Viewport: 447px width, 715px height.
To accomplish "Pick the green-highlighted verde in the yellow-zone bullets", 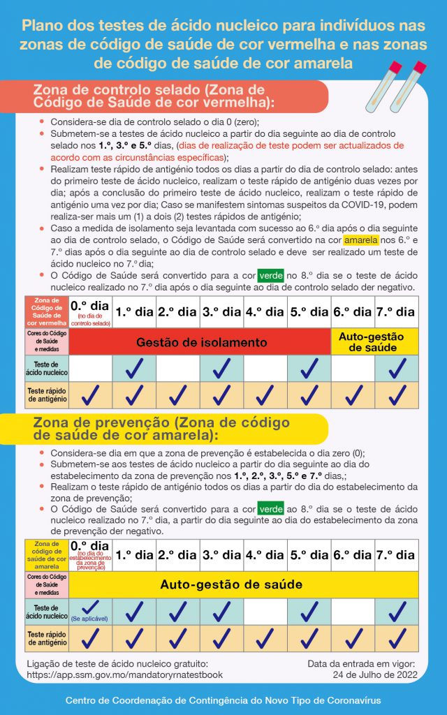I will [270, 510].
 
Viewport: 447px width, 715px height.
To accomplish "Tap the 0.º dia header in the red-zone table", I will [90, 307].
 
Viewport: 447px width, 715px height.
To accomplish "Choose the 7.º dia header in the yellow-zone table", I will [397, 555].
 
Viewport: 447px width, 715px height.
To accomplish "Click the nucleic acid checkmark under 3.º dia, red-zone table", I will [221, 369].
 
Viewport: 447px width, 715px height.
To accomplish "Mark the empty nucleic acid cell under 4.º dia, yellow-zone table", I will [265, 611].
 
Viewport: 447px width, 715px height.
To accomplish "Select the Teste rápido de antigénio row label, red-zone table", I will [47, 395].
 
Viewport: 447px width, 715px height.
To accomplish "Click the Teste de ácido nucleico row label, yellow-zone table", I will [47, 611].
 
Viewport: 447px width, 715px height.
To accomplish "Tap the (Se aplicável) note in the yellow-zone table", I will [90, 619].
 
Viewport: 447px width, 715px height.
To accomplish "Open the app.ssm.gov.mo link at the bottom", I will [124, 675].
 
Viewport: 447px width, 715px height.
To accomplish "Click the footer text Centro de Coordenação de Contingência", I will [223, 700].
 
